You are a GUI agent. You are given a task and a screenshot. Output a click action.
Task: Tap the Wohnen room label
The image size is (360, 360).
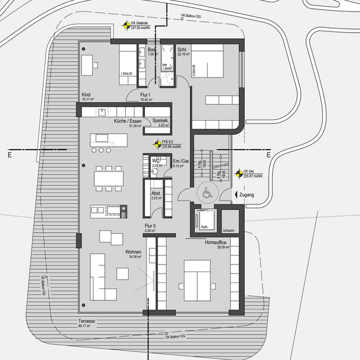(x=133, y=252)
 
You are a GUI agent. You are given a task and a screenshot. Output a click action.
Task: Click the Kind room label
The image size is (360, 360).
(x=86, y=95)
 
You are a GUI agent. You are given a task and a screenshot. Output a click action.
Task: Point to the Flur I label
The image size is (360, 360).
(x=146, y=95)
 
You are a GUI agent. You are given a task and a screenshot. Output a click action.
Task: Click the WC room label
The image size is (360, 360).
(x=156, y=160)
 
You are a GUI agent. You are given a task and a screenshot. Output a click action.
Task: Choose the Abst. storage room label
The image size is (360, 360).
(x=156, y=193)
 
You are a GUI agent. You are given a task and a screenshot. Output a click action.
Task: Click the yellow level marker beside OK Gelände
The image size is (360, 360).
(x=126, y=24)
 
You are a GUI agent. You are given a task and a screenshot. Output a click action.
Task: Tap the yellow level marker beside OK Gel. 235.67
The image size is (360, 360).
(x=238, y=173)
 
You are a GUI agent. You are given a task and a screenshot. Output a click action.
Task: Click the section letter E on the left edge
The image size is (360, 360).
(x=9, y=155)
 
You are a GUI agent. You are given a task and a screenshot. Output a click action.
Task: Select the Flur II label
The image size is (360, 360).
(x=150, y=227)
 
